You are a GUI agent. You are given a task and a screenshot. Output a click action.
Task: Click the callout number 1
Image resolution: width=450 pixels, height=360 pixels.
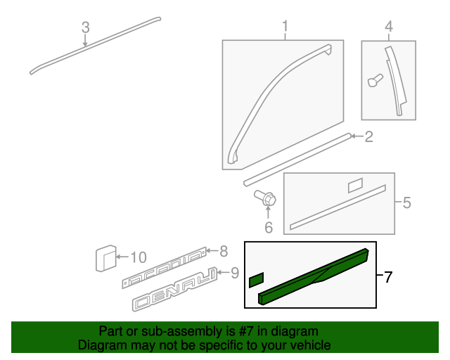click(x=285, y=27)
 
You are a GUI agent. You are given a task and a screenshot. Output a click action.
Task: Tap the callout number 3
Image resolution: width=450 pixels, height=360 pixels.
click(x=85, y=27)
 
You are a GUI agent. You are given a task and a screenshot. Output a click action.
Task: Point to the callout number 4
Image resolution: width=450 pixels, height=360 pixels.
click(x=388, y=27)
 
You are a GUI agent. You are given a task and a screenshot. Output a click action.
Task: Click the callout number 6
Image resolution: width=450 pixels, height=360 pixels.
click(x=268, y=227)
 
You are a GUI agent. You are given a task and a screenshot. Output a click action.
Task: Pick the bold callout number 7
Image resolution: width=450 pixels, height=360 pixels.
click(x=388, y=276)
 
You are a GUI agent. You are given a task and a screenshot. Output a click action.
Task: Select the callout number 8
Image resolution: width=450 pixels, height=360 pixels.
click(x=224, y=250)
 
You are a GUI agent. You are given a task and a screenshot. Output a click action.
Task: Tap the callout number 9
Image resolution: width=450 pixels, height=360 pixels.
click(x=235, y=272)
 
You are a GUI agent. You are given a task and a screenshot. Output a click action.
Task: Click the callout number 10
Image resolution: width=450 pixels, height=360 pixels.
click(x=138, y=257)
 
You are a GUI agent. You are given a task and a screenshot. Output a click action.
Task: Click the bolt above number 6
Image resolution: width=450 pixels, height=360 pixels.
click(x=266, y=200)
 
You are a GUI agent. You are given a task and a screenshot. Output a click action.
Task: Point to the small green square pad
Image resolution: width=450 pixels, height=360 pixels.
click(x=256, y=281)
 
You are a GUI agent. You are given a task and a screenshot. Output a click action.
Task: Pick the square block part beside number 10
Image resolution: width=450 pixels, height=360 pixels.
click(x=105, y=258)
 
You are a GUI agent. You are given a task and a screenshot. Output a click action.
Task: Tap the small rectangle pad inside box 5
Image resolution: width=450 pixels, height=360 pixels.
click(x=355, y=185)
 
